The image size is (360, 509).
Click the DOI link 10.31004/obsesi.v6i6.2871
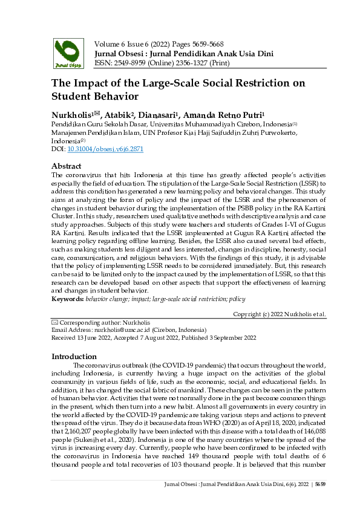[105, 149]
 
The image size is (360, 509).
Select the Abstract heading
[67, 165]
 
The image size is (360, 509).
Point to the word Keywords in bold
[67, 299]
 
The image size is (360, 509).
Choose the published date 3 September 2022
[227, 337]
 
